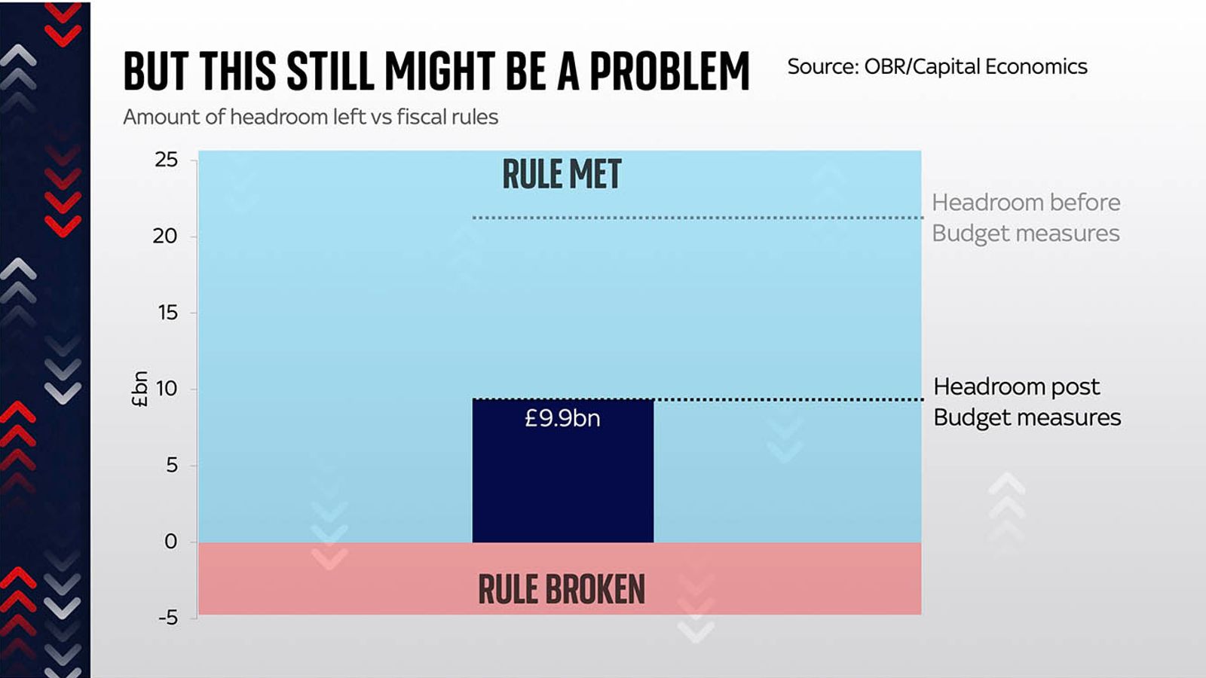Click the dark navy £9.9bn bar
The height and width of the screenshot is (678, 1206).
point(562,482)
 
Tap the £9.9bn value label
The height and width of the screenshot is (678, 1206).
point(562,418)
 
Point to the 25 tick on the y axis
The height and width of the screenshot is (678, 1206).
point(167,160)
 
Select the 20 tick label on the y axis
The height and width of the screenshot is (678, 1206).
point(165,237)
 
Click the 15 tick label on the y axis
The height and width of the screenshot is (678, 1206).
point(167,313)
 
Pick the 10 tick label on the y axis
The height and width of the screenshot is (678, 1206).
point(167,389)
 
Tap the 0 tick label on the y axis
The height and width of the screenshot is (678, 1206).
point(171,541)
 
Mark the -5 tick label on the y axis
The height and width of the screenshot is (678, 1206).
point(168,618)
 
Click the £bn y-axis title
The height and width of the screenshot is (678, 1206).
point(139,389)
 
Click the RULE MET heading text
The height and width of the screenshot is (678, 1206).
point(562,175)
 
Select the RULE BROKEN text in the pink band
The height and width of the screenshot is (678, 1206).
point(562,589)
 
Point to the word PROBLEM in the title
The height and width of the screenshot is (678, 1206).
point(669,72)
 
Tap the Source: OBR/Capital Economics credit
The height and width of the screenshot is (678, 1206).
point(937,67)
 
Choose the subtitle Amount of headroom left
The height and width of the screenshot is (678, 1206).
point(311,118)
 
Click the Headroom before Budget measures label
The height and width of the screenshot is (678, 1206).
point(1026,218)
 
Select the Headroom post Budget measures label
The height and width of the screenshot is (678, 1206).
point(1027,402)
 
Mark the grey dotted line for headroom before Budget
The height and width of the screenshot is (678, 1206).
point(697,218)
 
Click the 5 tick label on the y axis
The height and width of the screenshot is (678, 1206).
point(173,465)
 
